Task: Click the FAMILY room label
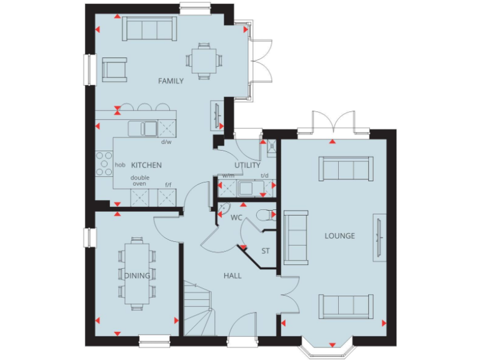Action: coord(171,81)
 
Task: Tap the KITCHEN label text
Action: coord(146,165)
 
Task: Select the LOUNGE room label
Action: coord(339,236)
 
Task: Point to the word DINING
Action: coord(136,276)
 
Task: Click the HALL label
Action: coord(232,275)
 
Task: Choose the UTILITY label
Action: coord(247,165)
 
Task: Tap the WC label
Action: coord(236,218)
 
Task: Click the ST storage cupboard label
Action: coord(265,251)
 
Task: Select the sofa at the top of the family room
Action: coord(149,29)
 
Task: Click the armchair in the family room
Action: coord(114,69)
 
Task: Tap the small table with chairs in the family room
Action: coord(203,61)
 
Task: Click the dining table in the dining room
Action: coord(137,273)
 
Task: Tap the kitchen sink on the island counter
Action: coord(143,129)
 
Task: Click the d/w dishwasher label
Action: coord(166,142)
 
